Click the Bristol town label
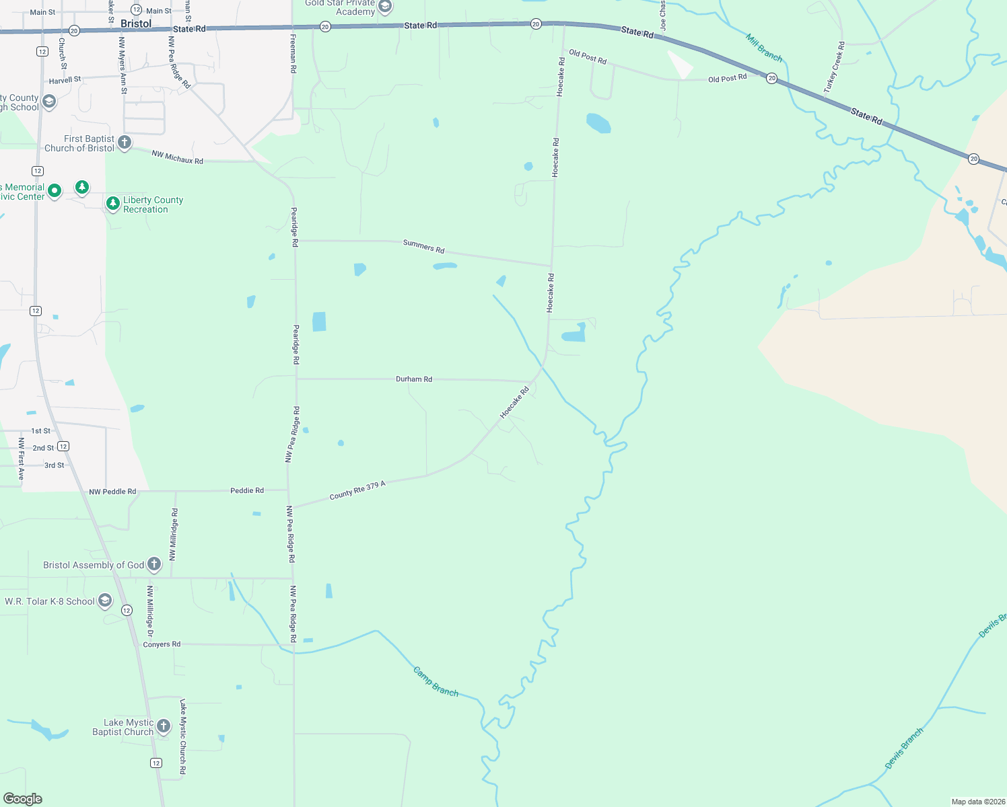pyautogui.click(x=136, y=24)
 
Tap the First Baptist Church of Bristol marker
pyautogui.click(x=125, y=143)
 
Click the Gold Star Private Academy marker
pyautogui.click(x=385, y=7)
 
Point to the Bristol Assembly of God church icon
pyautogui.click(x=154, y=564)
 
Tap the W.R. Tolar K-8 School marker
pyautogui.click(x=105, y=601)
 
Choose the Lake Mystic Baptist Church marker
pyautogui.click(x=164, y=726)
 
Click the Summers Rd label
pyautogui.click(x=423, y=246)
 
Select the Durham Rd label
pyautogui.click(x=414, y=379)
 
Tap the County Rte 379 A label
pyautogui.click(x=357, y=490)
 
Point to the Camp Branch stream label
pyautogui.click(x=436, y=682)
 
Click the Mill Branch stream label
pyautogui.click(x=764, y=48)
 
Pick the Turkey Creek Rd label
pyautogui.click(x=834, y=67)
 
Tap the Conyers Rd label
pyautogui.click(x=162, y=644)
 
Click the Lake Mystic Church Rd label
pyautogui.click(x=182, y=736)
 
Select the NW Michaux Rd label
pyautogui.click(x=177, y=157)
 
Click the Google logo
pyautogui.click(x=23, y=799)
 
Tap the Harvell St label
pyautogui.click(x=65, y=80)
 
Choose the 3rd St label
pyautogui.click(x=55, y=465)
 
